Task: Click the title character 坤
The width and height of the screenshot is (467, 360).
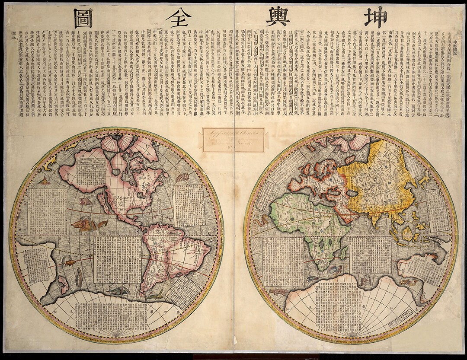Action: pos(374,17)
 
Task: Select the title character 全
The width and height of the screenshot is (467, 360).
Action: pos(178,18)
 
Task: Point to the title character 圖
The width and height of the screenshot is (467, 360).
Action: pos(83,18)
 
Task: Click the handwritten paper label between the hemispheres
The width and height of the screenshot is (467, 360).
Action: pos(233,139)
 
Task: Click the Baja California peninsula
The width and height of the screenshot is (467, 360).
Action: pos(104,204)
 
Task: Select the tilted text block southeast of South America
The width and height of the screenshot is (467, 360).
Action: pos(183,291)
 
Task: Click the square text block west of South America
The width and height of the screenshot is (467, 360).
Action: pos(118,259)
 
